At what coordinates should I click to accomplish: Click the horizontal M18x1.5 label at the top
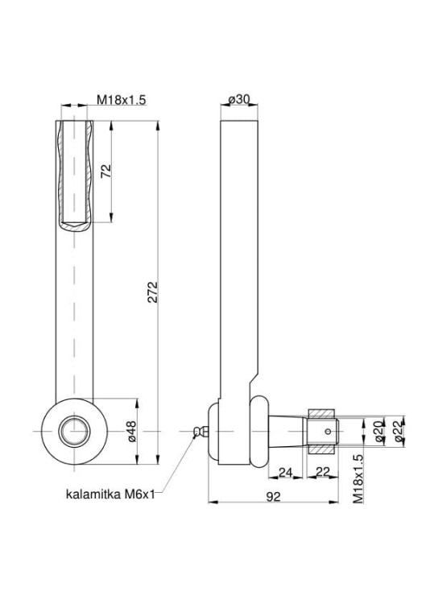tap(122, 99)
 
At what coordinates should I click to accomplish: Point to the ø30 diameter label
tap(239, 99)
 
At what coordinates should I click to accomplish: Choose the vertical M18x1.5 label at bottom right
tap(358, 478)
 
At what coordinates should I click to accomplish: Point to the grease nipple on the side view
tap(201, 432)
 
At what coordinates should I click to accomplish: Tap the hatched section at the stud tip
tap(321, 415)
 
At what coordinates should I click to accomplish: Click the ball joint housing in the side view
tap(230, 431)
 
